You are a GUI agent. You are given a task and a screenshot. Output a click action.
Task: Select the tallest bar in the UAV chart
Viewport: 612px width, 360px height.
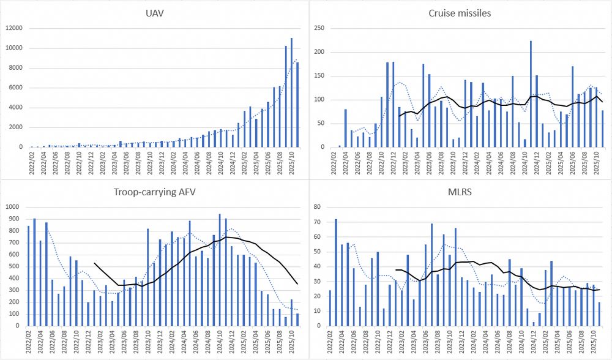click(x=291, y=92)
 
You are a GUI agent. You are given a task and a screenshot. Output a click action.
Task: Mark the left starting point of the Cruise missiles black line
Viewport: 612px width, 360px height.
click(x=399, y=116)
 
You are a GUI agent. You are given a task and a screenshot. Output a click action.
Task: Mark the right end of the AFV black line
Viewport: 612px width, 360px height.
click(x=297, y=283)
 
